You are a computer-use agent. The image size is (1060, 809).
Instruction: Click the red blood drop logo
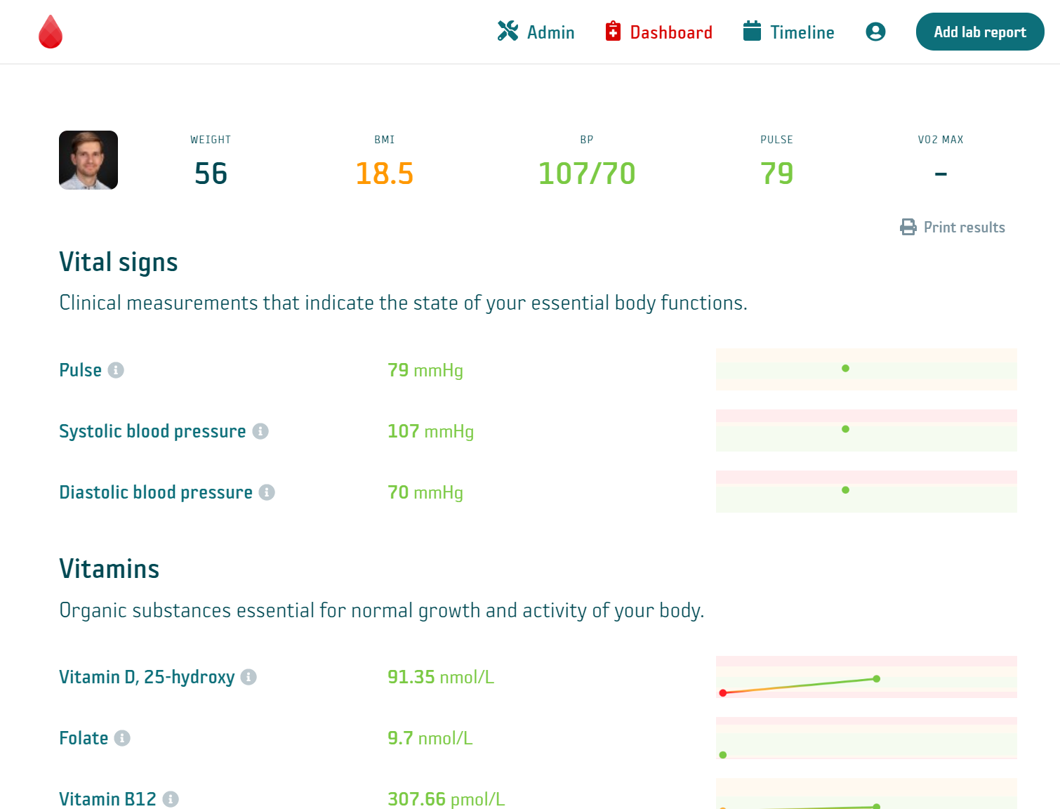click(51, 32)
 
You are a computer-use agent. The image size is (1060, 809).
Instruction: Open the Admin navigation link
click(536, 32)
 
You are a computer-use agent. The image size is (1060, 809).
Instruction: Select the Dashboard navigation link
click(659, 32)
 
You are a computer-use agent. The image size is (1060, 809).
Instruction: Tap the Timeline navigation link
click(789, 32)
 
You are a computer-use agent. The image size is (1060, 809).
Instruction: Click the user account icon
click(875, 32)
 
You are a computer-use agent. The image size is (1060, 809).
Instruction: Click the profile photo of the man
click(88, 160)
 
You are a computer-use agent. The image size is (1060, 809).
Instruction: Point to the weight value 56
click(211, 173)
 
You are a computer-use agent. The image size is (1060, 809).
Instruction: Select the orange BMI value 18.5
click(384, 173)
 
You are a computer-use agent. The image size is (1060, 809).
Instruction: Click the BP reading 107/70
click(586, 173)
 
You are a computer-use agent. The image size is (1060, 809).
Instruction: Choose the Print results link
click(953, 228)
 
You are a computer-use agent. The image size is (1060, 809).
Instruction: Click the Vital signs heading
click(119, 262)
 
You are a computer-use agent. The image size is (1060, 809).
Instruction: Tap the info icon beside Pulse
click(117, 370)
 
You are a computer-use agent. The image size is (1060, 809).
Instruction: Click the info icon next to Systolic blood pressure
click(260, 431)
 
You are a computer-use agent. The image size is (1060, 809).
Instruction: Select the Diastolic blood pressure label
click(156, 492)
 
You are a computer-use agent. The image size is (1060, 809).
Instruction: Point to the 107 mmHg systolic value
click(430, 431)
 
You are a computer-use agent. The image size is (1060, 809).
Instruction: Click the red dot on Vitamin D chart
click(723, 693)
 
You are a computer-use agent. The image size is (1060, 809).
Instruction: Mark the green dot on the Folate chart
click(723, 755)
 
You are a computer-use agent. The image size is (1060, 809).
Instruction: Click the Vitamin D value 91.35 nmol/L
click(441, 677)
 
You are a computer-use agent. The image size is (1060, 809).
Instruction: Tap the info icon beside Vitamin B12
click(171, 799)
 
